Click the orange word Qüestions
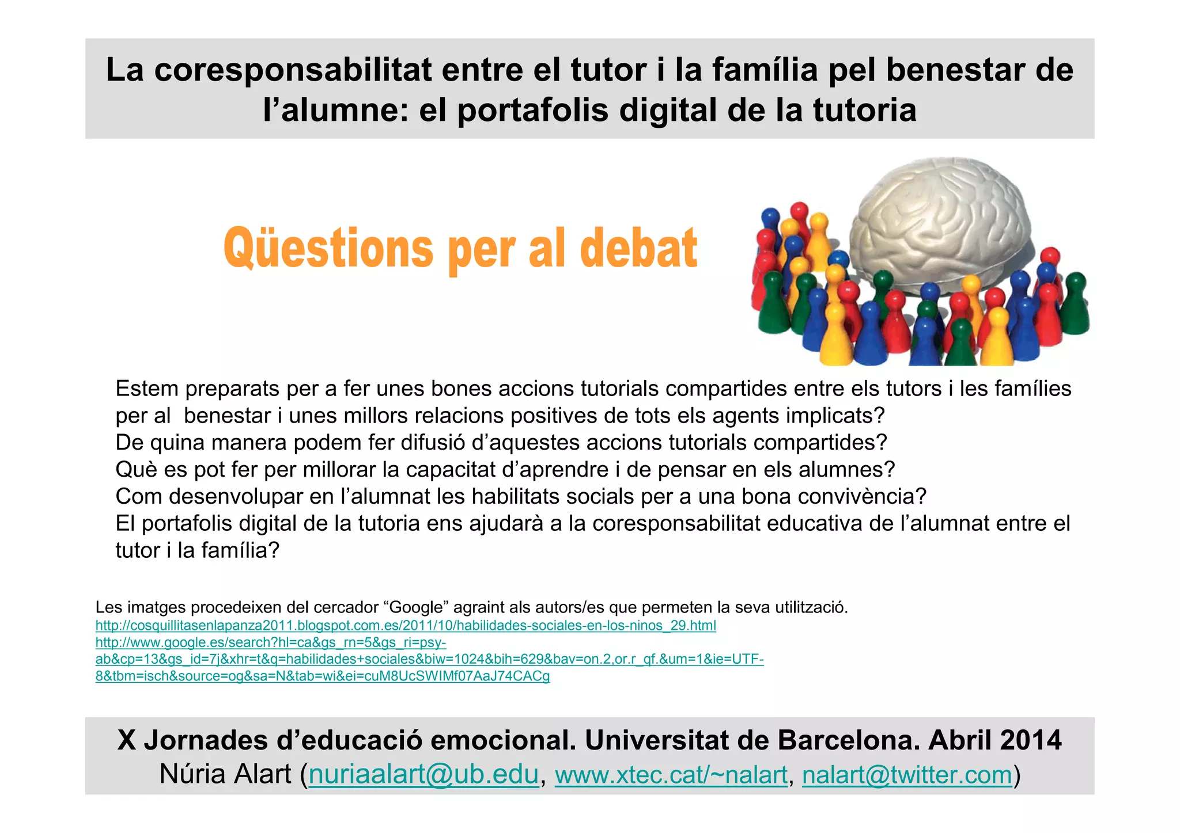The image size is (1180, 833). coord(328,249)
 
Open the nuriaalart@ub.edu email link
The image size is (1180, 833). coord(423,774)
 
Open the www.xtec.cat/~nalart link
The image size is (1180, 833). coord(671,774)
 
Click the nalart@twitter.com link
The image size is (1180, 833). coord(907,774)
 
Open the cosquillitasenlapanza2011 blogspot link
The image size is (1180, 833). coord(406,626)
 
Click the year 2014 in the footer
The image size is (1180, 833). coord(1031,740)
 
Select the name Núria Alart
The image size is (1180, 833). coord(225,774)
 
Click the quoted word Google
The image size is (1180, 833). coord(419,607)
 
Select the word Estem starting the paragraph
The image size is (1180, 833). coord(147,389)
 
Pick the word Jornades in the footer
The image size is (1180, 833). coord(206,740)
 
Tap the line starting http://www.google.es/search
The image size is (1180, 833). coord(271,642)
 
